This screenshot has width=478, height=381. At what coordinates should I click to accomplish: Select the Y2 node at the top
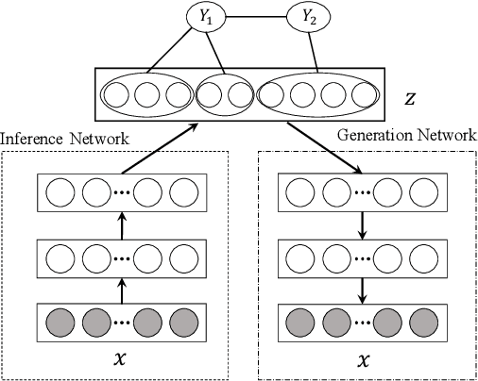(x=307, y=17)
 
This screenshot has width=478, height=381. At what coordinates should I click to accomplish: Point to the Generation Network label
(x=406, y=136)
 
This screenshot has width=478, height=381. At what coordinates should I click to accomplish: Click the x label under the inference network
(x=118, y=360)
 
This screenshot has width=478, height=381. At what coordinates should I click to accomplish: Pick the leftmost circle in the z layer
(x=117, y=96)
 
